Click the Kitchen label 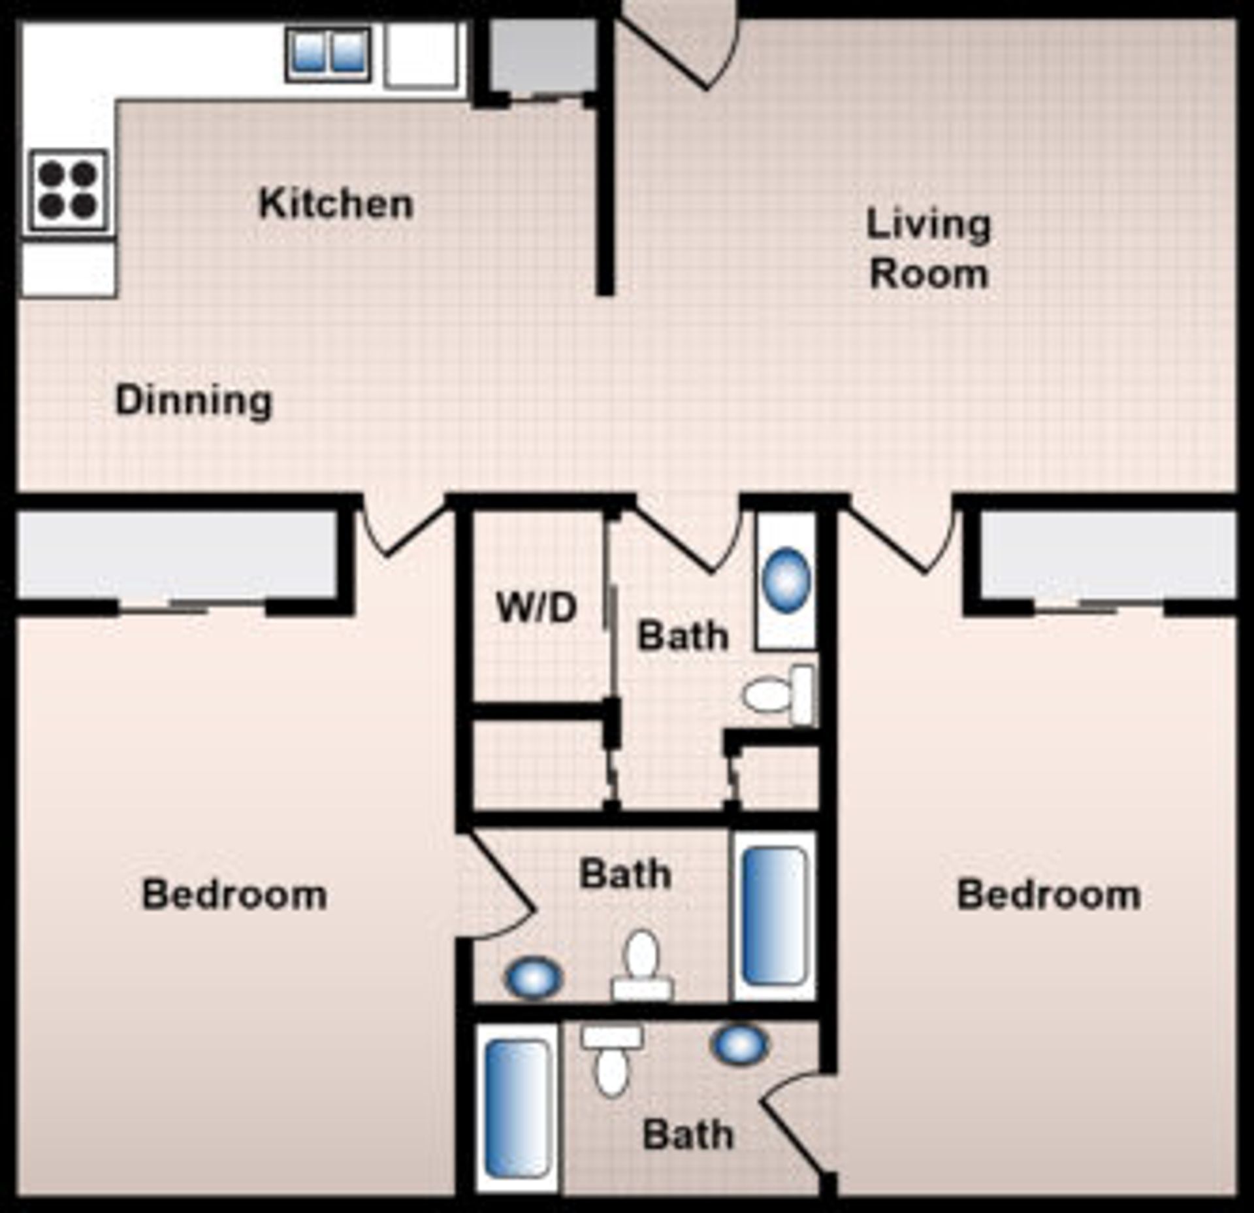336,204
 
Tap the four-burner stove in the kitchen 68,190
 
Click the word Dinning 194,401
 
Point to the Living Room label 928,249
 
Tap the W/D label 537,608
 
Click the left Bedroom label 234,895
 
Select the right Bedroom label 1048,895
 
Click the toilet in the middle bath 642,965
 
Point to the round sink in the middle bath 533,977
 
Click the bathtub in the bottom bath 517,1108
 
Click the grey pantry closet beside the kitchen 542,55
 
